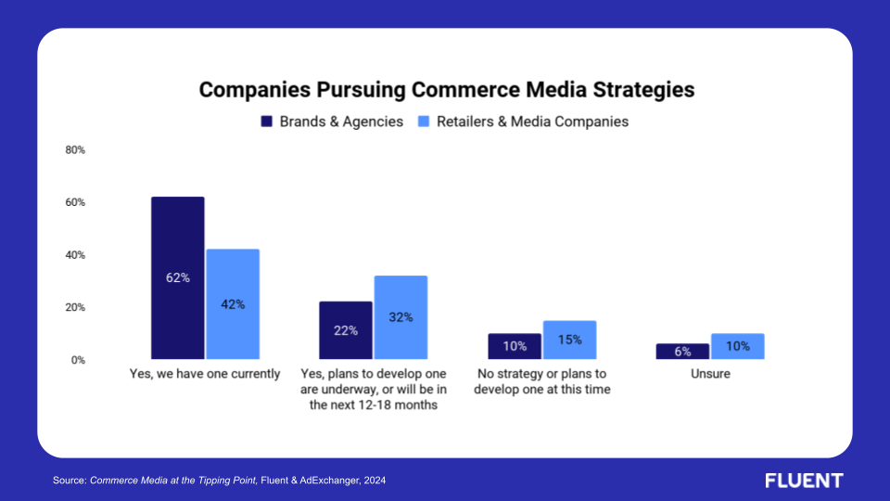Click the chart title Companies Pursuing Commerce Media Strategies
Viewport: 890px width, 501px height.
(447, 90)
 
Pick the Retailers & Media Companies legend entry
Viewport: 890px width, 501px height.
(523, 122)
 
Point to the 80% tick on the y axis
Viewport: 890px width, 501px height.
(75, 150)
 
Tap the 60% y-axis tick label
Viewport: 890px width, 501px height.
(75, 202)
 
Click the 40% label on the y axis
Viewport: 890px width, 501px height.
(75, 255)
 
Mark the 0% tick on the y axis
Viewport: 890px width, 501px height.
(78, 360)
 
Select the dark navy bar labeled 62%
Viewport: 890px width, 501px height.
(178, 277)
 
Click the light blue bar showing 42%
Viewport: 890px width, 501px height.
(233, 303)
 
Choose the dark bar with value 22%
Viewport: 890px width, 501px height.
(346, 330)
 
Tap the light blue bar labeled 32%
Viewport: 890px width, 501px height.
(400, 317)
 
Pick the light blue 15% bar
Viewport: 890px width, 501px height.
(569, 340)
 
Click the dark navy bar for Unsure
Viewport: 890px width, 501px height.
(682, 352)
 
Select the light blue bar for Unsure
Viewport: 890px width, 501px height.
(737, 346)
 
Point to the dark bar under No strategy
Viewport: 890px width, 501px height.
(515, 346)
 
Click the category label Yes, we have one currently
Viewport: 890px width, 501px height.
(205, 374)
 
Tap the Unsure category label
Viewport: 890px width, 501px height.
(710, 374)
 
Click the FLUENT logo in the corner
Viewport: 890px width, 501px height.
(804, 481)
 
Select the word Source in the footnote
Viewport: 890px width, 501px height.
(68, 481)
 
